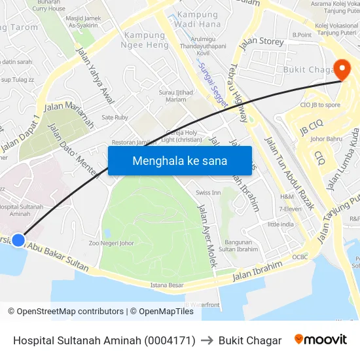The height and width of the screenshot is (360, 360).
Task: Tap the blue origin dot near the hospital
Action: [x=18, y=240]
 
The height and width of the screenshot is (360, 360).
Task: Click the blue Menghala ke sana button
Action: [x=179, y=160]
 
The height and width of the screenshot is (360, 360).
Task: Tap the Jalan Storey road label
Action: [x=262, y=43]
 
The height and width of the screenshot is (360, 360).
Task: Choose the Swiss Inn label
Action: [x=208, y=193]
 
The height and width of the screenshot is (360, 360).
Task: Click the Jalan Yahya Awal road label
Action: [x=95, y=75]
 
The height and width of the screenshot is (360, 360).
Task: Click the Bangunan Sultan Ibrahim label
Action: [x=238, y=245]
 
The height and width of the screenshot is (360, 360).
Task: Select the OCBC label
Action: [x=300, y=257]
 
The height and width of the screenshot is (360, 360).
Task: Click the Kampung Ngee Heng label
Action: [x=144, y=41]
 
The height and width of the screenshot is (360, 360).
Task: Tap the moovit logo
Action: [x=321, y=340]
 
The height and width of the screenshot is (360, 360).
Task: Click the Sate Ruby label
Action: [x=115, y=118]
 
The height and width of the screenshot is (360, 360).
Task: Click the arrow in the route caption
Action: [x=207, y=340]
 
